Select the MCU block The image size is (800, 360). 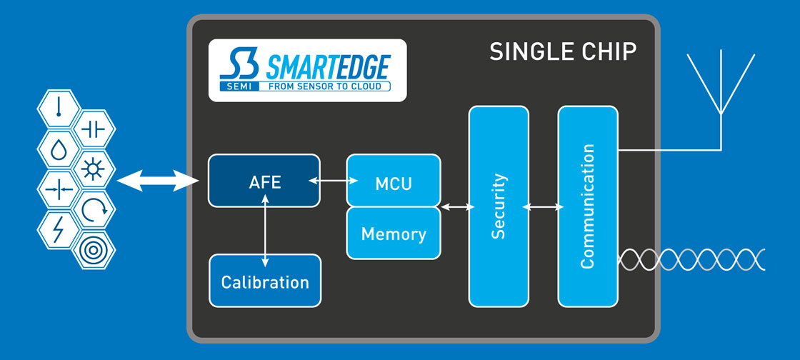[x=393, y=182]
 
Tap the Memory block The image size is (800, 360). [x=393, y=234]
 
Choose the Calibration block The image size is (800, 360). [x=265, y=281]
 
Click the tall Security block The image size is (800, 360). [x=499, y=206]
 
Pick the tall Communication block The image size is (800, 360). [x=587, y=206]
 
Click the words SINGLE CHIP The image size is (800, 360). [x=563, y=52]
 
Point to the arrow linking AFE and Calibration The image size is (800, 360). [x=265, y=231]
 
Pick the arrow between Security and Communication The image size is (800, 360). [x=543, y=207]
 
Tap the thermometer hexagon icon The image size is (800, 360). [x=57, y=108]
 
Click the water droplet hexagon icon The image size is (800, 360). [x=57, y=149]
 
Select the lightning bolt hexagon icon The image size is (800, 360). [x=57, y=229]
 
